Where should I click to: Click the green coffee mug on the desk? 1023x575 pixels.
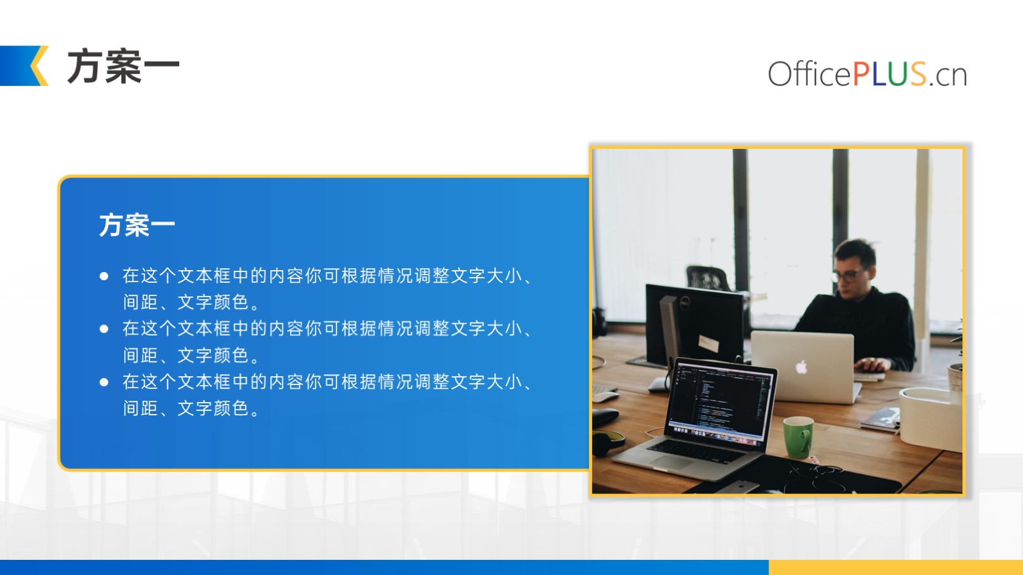pyautogui.click(x=798, y=437)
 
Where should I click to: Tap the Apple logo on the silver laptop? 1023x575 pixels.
pyautogui.click(x=801, y=367)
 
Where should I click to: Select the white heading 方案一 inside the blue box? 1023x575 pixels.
pyautogui.click(x=137, y=225)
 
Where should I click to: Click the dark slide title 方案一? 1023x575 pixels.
pyautogui.click(x=123, y=67)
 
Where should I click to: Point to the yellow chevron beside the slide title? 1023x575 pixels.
pyautogui.click(x=39, y=66)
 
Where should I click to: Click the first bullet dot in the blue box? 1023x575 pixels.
pyautogui.click(x=104, y=276)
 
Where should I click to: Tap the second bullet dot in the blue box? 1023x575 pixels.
pyautogui.click(x=104, y=329)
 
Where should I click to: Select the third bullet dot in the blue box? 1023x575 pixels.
pyautogui.click(x=104, y=382)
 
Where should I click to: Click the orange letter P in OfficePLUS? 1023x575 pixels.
pyautogui.click(x=861, y=74)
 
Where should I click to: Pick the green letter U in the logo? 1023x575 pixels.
pyautogui.click(x=898, y=74)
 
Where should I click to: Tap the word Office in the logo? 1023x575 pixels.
pyautogui.click(x=809, y=73)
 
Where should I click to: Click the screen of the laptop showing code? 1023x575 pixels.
pyautogui.click(x=721, y=403)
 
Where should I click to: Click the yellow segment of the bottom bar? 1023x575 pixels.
pyautogui.click(x=896, y=567)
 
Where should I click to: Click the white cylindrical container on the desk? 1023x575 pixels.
pyautogui.click(x=930, y=418)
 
